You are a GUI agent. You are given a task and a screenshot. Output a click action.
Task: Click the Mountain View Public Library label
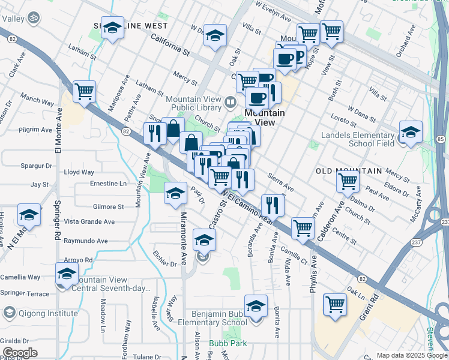(194, 103)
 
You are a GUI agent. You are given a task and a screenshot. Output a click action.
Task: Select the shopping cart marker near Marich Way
(85, 92)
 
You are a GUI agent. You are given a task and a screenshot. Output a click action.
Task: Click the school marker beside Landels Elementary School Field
(411, 133)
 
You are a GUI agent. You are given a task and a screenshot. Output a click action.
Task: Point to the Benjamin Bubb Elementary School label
(219, 318)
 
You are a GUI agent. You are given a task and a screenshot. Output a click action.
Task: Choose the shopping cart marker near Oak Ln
(334, 304)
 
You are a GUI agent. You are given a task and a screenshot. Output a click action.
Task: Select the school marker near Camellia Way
(67, 274)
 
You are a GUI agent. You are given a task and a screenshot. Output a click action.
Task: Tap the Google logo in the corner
(19, 353)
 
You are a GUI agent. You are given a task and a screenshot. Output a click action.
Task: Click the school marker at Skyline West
(112, 28)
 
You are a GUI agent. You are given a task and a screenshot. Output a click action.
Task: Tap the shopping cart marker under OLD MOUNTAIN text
(348, 181)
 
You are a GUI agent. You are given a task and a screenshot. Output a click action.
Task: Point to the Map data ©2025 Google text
(412, 355)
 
